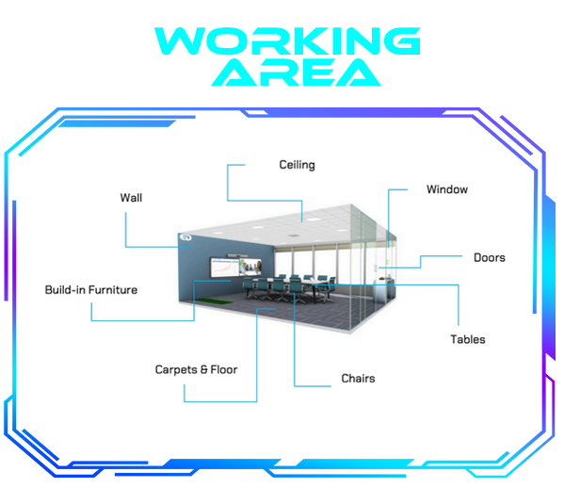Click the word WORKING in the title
287,41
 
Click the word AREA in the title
296,73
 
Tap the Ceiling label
298,165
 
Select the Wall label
131,198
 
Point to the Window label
447,189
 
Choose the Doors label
490,258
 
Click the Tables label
468,339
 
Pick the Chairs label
358,379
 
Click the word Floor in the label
224,369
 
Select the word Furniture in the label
113,290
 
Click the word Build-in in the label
65,290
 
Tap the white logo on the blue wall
186,237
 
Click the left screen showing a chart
224,268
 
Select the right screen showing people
250,267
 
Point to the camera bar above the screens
237,255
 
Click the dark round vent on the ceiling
294,236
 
